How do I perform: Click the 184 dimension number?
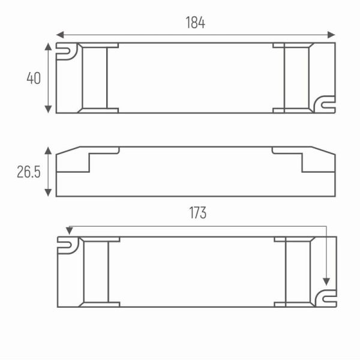click(196, 23)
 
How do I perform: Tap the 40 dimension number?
click(34, 78)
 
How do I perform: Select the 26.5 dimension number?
click(29, 172)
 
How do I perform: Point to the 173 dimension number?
click(197, 212)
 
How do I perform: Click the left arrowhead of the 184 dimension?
click(60, 35)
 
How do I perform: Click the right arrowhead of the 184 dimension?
click(331, 35)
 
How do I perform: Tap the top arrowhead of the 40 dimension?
click(48, 47)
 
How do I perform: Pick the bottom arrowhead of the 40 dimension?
click(48, 109)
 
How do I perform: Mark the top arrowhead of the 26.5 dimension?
click(48, 151)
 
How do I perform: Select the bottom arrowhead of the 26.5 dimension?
click(48, 193)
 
